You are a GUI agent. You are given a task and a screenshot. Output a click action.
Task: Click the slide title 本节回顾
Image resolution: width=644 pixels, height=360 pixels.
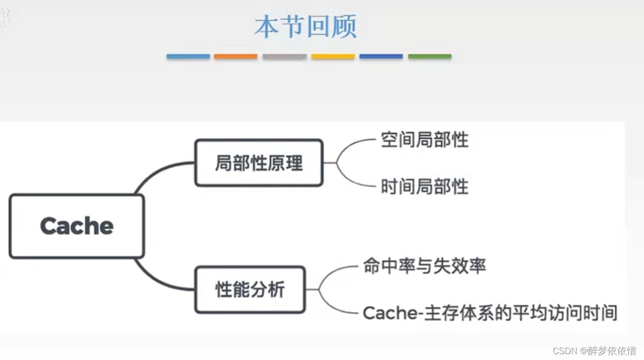[306, 26]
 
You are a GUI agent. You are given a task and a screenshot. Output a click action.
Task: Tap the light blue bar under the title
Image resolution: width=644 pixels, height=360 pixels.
[188, 57]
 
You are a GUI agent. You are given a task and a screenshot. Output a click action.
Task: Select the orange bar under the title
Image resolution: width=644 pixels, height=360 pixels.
[235, 57]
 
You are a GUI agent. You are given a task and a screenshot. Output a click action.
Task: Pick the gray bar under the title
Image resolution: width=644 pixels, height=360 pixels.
[285, 57]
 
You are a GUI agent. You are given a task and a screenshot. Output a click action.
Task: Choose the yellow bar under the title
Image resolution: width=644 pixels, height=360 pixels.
[333, 57]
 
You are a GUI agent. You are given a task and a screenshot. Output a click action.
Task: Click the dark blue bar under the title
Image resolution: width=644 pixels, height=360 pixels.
[381, 57]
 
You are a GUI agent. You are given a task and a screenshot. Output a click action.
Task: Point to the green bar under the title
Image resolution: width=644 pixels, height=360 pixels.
[429, 57]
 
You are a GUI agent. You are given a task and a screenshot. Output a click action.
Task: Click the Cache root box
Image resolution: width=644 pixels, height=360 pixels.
[77, 226]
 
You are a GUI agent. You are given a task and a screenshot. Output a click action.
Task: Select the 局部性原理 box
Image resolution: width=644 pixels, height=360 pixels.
[259, 163]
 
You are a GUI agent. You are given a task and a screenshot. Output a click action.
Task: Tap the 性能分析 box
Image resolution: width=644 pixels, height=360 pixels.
[250, 289]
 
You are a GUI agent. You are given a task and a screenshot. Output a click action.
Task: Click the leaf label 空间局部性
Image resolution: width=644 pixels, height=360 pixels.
[425, 140]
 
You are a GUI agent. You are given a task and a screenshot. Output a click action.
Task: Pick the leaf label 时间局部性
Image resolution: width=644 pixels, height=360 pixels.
[425, 187]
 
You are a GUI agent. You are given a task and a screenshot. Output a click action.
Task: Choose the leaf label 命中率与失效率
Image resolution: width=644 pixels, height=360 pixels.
[425, 266]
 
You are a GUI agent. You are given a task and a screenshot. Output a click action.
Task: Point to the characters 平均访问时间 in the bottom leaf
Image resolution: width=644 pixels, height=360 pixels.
[564, 313]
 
